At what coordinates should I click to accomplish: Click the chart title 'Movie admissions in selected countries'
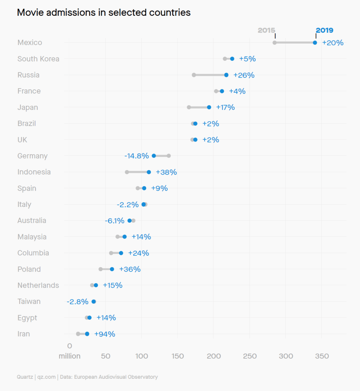104,13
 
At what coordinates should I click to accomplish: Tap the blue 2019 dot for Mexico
315,43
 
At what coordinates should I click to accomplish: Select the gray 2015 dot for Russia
194,75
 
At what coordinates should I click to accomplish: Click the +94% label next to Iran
105,334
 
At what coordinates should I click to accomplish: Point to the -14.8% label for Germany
137,156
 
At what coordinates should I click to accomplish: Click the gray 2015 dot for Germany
169,156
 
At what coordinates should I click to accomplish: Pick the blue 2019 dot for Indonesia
149,172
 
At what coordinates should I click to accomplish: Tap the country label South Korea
38,59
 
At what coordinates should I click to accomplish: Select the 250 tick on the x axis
250,356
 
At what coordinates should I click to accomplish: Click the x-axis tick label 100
141,356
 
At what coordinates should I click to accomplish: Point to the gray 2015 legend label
266,30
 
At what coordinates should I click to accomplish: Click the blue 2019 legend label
324,30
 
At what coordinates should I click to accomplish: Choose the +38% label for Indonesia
166,172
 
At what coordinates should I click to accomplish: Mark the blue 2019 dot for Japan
209,107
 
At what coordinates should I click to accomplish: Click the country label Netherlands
38,285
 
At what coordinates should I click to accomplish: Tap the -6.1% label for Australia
115,221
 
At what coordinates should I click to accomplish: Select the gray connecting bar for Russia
210,75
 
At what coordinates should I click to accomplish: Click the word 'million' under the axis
70,356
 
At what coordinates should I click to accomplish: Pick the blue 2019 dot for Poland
112,269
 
